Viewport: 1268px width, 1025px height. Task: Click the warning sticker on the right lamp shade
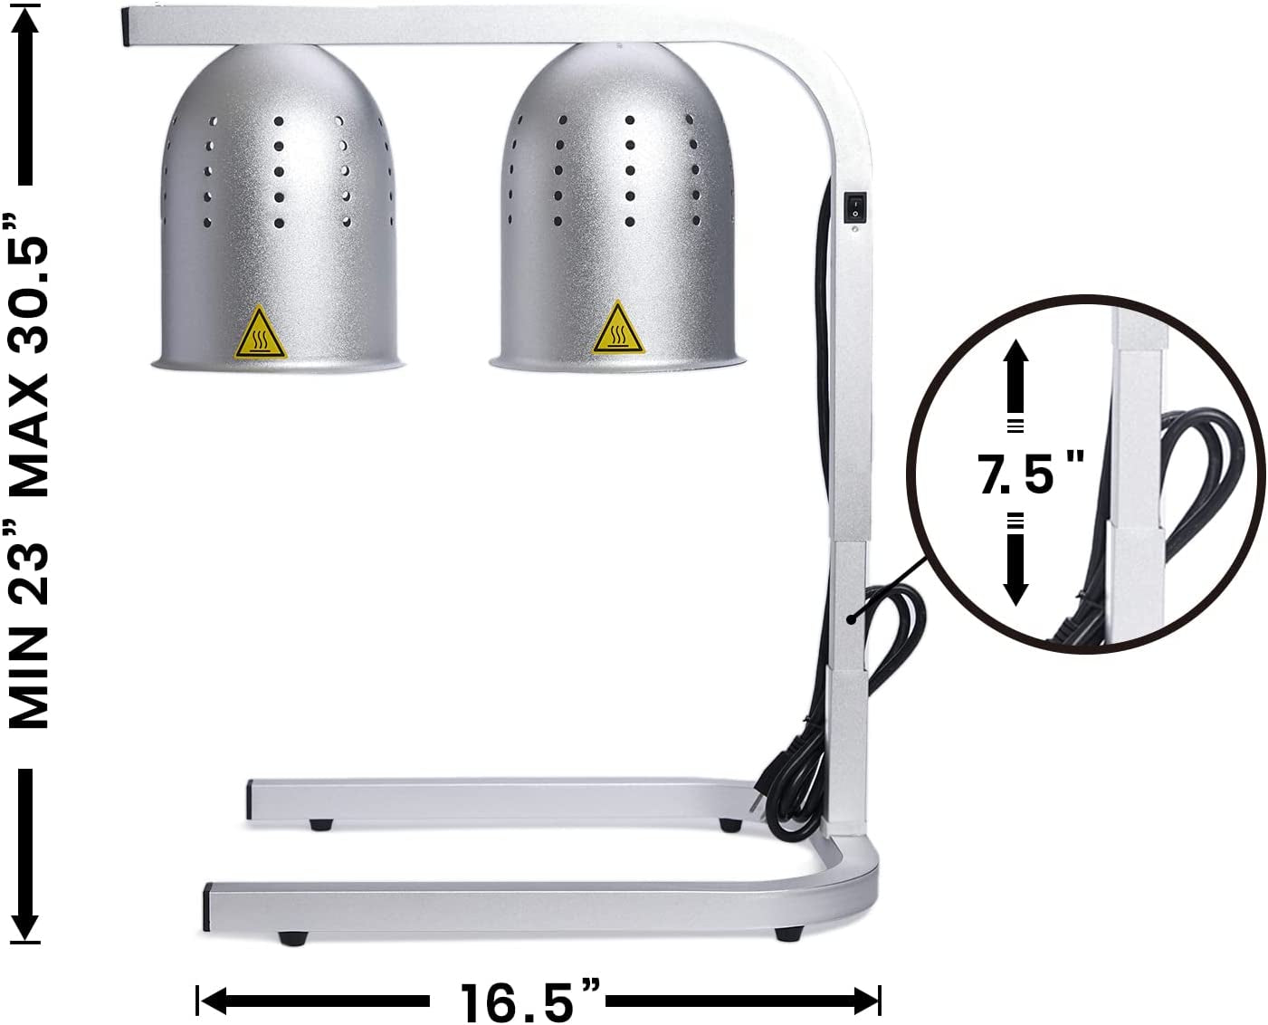pos(618,330)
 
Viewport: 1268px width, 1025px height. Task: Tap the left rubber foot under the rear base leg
pos(319,824)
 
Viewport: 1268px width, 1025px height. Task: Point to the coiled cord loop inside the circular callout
pos(1195,471)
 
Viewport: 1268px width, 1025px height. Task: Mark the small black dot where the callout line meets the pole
pos(851,619)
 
